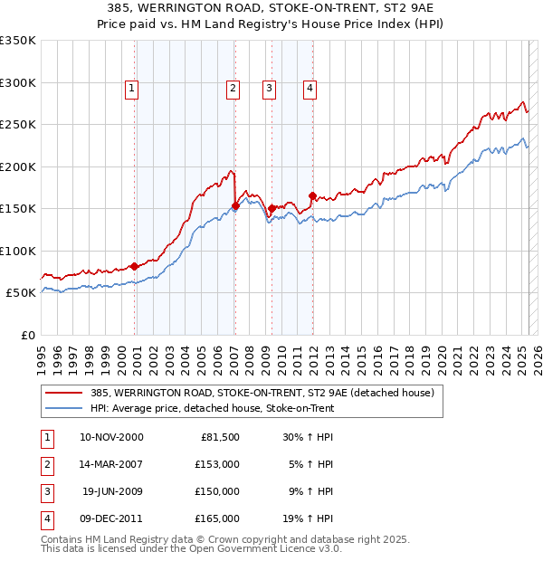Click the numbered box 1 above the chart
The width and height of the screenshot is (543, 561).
coord(132,88)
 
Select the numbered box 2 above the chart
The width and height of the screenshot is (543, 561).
coord(233,88)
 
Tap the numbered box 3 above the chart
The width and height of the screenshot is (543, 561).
coord(270,88)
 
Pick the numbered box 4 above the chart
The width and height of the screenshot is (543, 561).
coord(310,88)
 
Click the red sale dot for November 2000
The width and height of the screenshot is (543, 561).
coord(135,266)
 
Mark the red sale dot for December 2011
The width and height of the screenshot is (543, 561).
coord(312,195)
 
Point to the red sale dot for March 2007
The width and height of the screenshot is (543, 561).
coord(235,205)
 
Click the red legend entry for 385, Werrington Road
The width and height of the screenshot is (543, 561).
coord(262,394)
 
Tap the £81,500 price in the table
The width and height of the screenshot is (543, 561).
coord(218,437)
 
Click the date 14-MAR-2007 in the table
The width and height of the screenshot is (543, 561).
coord(111,464)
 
